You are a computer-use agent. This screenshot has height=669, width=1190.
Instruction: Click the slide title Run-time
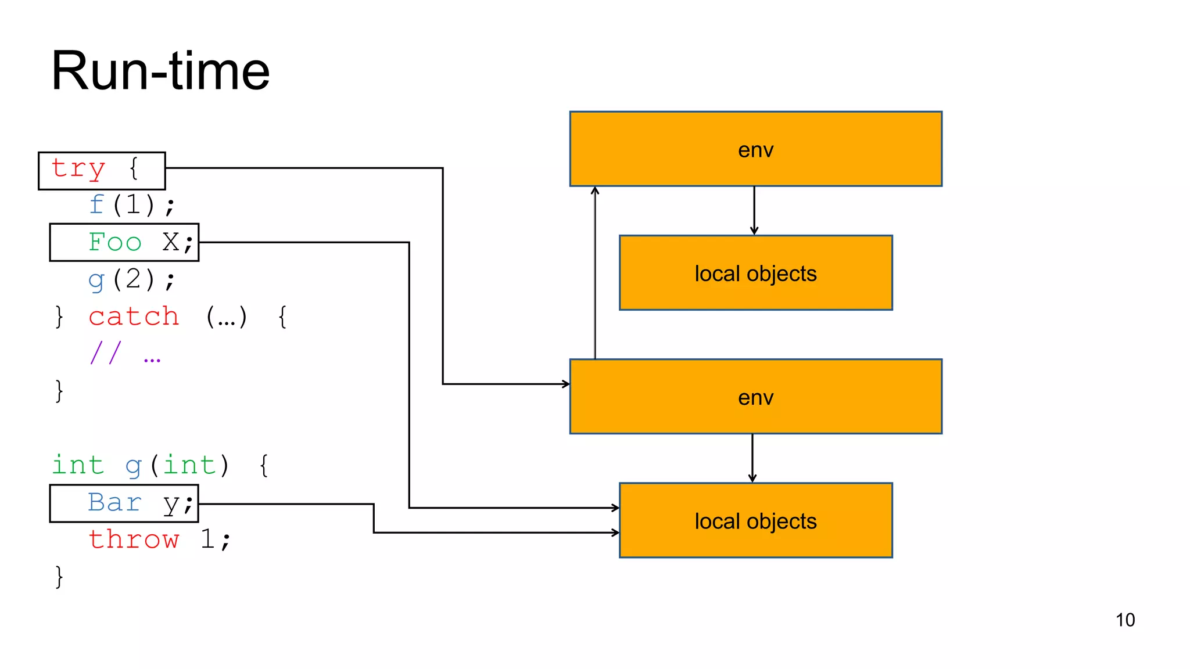(160, 71)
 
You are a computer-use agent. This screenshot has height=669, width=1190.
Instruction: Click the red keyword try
(78, 169)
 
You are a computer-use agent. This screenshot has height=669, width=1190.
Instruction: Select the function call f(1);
(132, 205)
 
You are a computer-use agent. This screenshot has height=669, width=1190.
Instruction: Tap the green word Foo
(115, 242)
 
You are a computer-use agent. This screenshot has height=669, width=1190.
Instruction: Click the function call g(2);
(132, 279)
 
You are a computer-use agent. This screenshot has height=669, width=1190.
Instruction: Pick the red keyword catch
(134, 316)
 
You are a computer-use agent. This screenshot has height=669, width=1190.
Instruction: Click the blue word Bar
(115, 502)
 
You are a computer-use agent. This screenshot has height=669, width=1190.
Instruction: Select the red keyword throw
(134, 539)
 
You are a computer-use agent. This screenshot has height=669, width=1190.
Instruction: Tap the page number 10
(1125, 620)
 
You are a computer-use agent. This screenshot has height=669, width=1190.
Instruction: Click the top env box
(755, 149)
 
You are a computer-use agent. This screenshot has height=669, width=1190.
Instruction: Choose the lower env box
(755, 397)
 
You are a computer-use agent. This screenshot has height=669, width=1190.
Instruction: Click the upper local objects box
(755, 273)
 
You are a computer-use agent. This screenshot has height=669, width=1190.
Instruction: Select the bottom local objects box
(755, 521)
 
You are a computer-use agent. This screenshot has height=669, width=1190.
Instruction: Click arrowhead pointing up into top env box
(595, 190)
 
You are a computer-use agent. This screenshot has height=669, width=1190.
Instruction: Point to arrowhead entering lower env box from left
(566, 384)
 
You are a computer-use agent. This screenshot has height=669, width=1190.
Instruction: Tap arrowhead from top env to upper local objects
(754, 231)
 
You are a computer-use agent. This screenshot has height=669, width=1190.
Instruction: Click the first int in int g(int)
(78, 465)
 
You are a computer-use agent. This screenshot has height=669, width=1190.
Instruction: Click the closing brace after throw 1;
(59, 577)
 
